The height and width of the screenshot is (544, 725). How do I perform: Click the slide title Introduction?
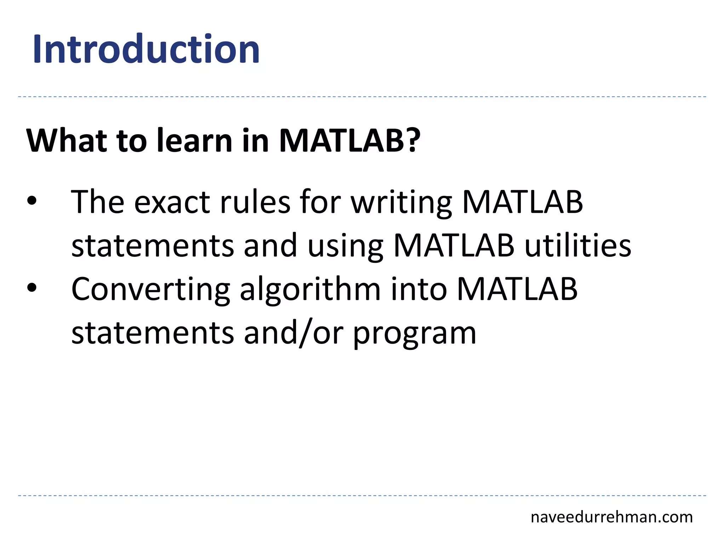[x=146, y=49]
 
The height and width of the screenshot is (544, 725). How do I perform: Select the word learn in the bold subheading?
[x=195, y=141]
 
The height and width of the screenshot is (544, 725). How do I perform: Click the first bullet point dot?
[x=32, y=201]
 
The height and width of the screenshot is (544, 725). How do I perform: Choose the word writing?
[x=401, y=203]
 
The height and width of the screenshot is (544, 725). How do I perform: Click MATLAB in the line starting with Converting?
[x=517, y=289]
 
